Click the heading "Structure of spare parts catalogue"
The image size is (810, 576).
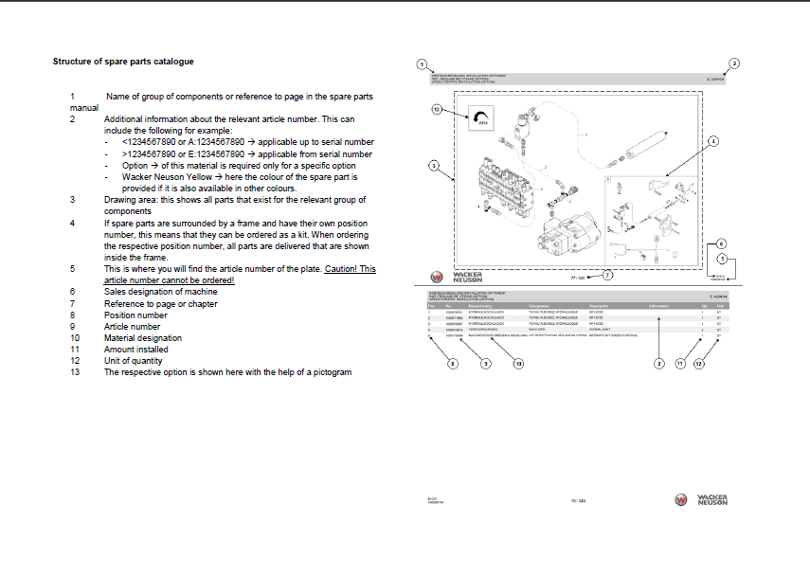pyautogui.click(x=123, y=62)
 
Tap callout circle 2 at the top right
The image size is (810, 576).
pyautogui.click(x=734, y=63)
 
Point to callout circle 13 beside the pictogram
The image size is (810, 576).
pyautogui.click(x=438, y=110)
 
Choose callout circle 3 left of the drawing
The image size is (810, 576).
pyautogui.click(x=434, y=165)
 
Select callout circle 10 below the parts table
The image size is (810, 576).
pyautogui.click(x=518, y=363)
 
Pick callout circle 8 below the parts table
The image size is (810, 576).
pyautogui.click(x=452, y=363)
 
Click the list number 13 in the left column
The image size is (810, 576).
pyautogui.click(x=75, y=372)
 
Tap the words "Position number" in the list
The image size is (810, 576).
pyautogui.click(x=135, y=315)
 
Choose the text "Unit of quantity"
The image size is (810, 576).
pyautogui.click(x=134, y=361)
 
